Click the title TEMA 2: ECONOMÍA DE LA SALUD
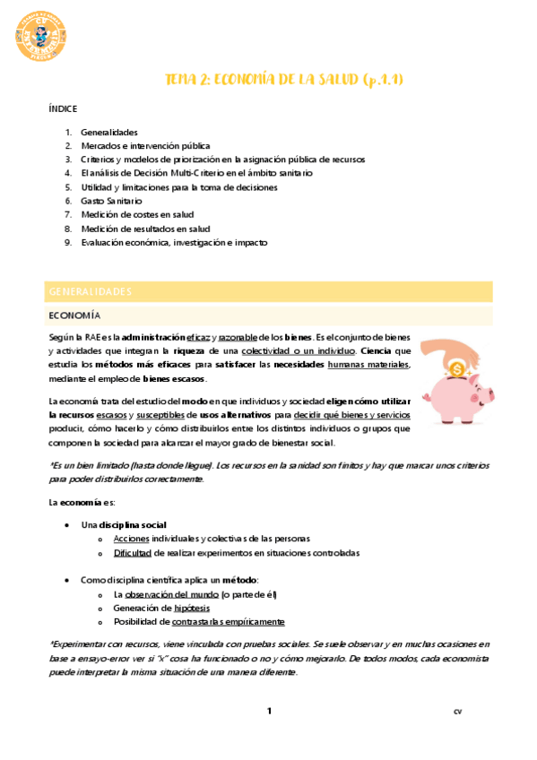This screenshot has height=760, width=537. click(283, 80)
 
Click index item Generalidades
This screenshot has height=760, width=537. click(103, 133)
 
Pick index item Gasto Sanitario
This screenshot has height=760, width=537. click(111, 202)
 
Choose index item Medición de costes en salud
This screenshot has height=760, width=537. click(137, 215)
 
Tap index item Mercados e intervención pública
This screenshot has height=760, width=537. click(145, 146)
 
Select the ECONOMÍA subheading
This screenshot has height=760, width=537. click(74, 316)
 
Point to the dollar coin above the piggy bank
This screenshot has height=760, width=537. click(456, 367)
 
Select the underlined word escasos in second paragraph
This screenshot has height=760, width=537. click(113, 415)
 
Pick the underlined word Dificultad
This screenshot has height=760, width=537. click(133, 553)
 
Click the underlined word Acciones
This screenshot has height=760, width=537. click(131, 539)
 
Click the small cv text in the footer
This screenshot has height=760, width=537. click(458, 712)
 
